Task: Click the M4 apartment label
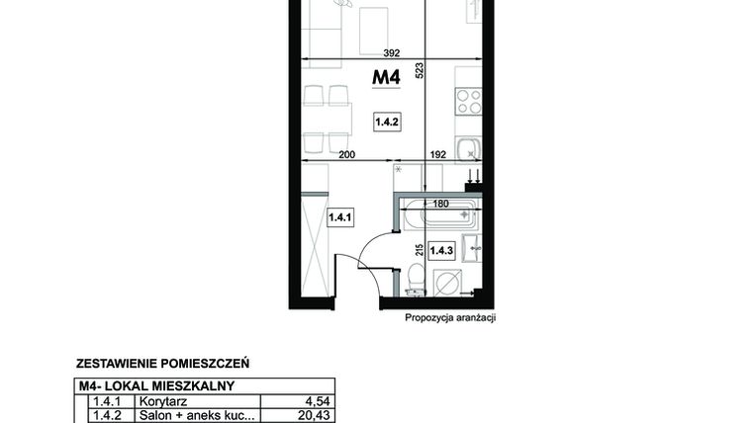tap(386, 77)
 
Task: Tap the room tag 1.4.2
tap(387, 123)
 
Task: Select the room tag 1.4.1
tap(340, 217)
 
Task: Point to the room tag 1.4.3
tap(441, 250)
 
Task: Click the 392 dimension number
tap(392, 53)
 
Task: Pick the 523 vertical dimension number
tap(420, 70)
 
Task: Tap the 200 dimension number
tap(346, 154)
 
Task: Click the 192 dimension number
tap(438, 154)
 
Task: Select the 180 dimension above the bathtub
tap(440, 204)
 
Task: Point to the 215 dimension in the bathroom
tap(420, 250)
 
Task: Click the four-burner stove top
tap(469, 101)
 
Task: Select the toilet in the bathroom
tap(416, 280)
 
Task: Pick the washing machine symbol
tap(448, 283)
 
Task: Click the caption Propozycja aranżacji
tap(450, 317)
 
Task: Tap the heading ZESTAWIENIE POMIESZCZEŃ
tap(162, 364)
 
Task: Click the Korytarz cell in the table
tap(163, 401)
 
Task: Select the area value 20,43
tap(314, 415)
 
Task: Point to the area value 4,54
tap(318, 401)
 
